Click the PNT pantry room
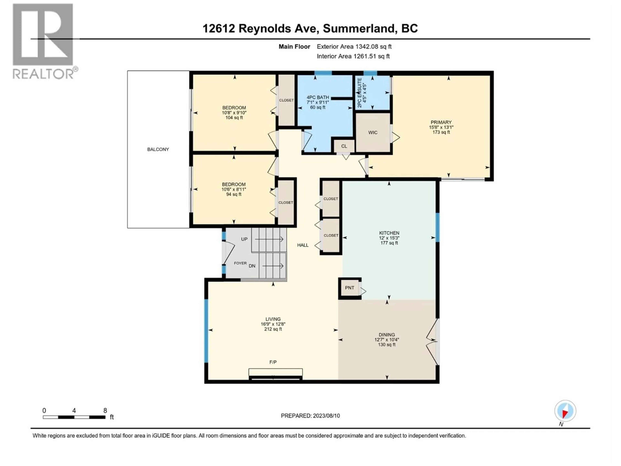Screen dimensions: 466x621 (x=349, y=288)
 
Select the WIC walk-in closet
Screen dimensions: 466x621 (x=373, y=133)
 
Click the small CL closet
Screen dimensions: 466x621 (x=344, y=146)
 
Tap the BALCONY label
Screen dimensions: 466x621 (x=158, y=150)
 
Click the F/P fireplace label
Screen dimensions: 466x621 (x=273, y=362)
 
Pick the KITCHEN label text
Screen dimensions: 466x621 (x=389, y=233)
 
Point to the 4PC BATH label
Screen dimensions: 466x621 (x=317, y=97)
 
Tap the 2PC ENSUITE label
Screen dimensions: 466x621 (x=360, y=93)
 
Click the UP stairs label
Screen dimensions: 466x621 (x=244, y=239)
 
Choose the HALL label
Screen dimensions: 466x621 (x=303, y=245)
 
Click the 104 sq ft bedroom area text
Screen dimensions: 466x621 (x=234, y=118)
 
